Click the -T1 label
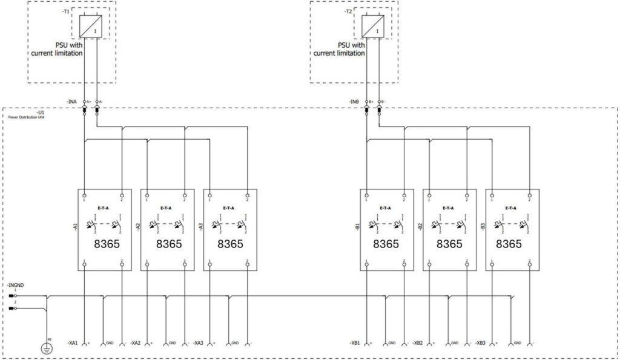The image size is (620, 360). click(66, 11)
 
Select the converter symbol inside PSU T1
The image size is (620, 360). click(94, 24)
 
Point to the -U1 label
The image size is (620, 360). click(40, 113)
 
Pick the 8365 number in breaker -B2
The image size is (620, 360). click(449, 244)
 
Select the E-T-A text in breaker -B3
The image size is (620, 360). click(512, 208)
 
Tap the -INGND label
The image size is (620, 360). click(16, 284)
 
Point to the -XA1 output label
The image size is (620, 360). click(73, 343)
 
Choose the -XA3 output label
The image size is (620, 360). click(198, 343)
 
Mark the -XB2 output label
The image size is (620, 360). click(418, 343)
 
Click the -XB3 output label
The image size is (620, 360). click(481, 343)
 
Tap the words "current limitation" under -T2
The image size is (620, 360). click(339, 53)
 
